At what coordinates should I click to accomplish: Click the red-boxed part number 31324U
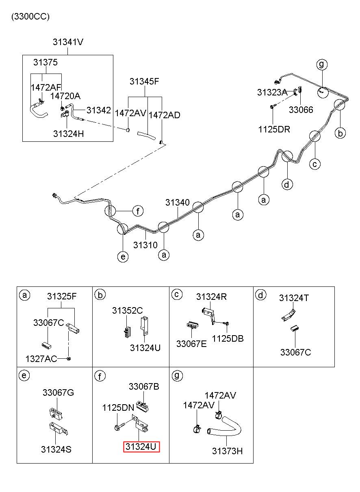pos(141,446)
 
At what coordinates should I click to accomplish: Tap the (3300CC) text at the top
pos(30,17)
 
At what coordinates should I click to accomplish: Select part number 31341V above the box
pos(68,42)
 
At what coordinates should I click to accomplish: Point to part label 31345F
pos(144,81)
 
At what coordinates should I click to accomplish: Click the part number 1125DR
pos(274,129)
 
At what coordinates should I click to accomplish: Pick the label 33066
pos(301,110)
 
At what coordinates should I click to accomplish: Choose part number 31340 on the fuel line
pos(177,202)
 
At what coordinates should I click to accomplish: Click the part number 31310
pos(145,245)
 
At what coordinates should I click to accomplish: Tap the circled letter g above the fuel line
pos(322,64)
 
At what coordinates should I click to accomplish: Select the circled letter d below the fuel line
pos(287,184)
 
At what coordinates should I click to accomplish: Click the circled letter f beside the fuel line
pos(138,211)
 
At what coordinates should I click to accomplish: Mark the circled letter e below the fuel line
pos(123,256)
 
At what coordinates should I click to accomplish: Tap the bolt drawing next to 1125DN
pos(119,426)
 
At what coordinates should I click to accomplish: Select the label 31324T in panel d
pos(294,298)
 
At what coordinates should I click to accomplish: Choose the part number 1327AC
pos(41,359)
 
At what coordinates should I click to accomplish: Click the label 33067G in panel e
pos(58,392)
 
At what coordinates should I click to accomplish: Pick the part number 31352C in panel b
pos(128,310)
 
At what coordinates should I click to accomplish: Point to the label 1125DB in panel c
pos(228,338)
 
